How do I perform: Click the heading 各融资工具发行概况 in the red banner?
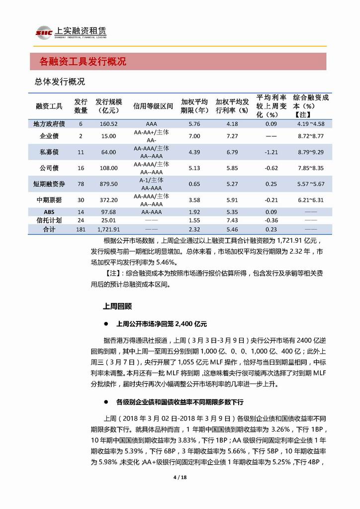[x=83, y=62]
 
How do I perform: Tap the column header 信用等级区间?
[x=153, y=106]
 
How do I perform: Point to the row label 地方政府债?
[x=49, y=124]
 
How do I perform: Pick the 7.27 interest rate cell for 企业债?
[x=232, y=136]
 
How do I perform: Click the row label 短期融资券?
[x=49, y=184]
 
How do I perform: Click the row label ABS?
[x=49, y=212]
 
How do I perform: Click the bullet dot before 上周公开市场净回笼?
[x=106, y=323]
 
